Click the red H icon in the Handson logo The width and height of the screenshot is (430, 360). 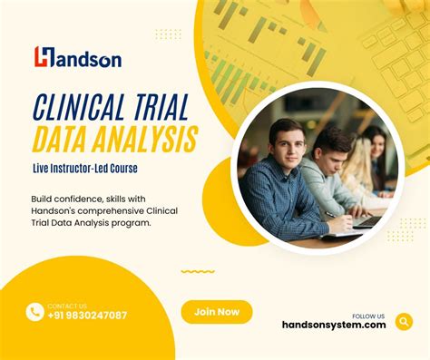(x=44, y=57)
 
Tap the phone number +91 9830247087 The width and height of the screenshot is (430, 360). (x=87, y=316)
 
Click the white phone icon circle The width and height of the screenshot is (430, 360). (x=34, y=311)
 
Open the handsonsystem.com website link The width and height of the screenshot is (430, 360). (x=334, y=325)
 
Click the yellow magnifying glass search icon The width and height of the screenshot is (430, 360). (x=404, y=320)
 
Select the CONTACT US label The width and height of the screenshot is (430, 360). (x=67, y=306)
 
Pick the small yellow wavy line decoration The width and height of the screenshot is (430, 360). (x=197, y=271)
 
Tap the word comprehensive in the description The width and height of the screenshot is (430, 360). (x=121, y=211)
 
